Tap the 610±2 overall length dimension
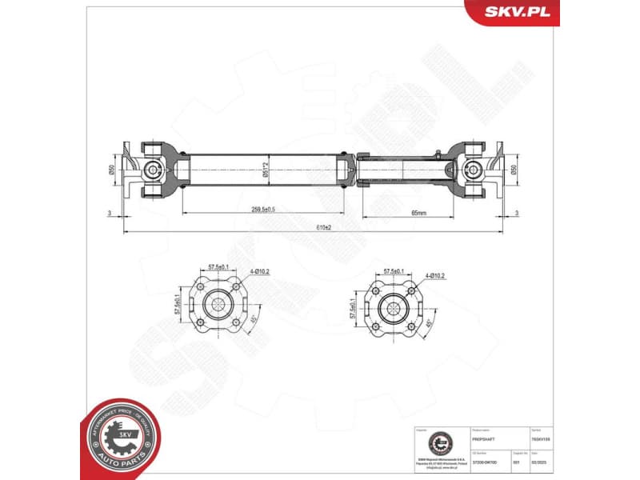(323, 228)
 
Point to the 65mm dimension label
(418, 213)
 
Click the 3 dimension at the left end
(108, 213)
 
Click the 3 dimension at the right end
(518, 213)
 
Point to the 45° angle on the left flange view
(254, 318)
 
